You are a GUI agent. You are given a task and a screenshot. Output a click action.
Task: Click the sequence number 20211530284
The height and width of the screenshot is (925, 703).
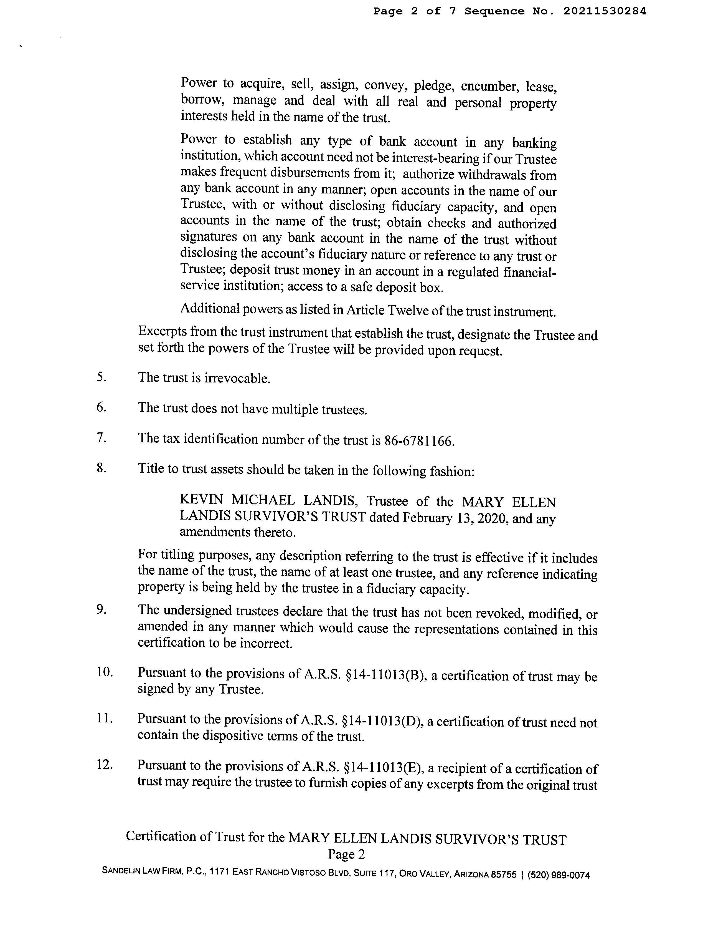[x=604, y=11]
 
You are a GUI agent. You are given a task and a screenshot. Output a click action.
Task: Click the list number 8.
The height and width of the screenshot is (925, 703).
[x=101, y=468]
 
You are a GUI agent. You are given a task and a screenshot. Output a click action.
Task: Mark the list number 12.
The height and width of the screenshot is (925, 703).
[x=105, y=765]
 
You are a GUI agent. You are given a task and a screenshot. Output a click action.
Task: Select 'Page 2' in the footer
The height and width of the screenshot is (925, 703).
[x=346, y=854]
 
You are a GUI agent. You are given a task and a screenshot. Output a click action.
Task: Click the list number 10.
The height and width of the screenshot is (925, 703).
[x=105, y=672]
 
